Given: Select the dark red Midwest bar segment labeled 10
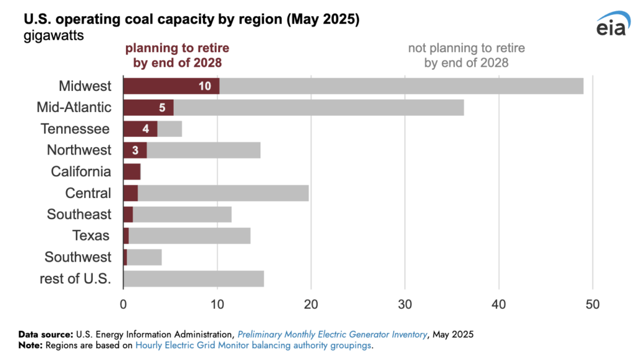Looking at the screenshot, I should coord(171,86).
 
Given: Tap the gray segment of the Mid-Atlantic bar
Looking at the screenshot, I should coord(318,107).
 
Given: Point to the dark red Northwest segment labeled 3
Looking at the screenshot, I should coord(135,150).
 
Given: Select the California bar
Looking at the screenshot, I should coord(131,172).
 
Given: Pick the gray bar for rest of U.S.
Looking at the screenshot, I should coord(194,278).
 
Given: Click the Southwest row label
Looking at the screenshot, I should coord(78,257).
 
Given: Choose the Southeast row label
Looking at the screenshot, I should coord(79,214).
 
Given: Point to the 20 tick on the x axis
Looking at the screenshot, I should coord(311,305).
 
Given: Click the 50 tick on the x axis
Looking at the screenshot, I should coord(593,305).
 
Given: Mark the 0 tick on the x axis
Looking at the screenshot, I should coord(123,305).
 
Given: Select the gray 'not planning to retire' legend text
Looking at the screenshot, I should coord(466,55).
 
